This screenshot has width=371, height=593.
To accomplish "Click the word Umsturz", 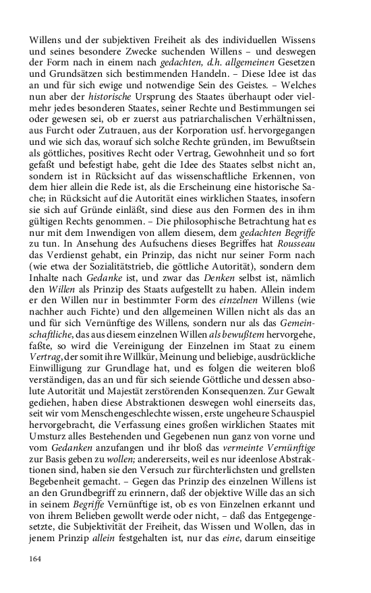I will (x=51, y=430).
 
